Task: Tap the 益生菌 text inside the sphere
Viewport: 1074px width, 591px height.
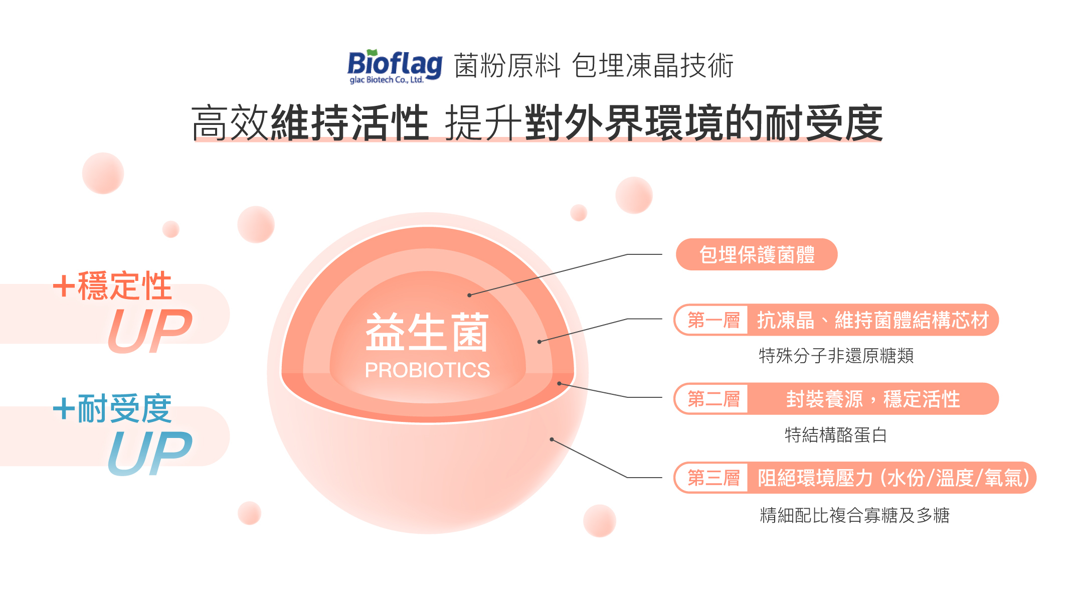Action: click(427, 332)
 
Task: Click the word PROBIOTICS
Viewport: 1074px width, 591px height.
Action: click(427, 370)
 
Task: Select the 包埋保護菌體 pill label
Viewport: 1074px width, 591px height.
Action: click(757, 254)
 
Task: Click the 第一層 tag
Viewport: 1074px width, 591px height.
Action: click(713, 320)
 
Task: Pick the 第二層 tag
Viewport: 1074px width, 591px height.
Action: click(713, 399)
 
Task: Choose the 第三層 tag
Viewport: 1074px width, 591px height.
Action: click(713, 478)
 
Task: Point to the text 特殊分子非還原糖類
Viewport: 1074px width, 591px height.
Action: click(836, 356)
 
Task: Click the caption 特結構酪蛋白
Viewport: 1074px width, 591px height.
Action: click(836, 434)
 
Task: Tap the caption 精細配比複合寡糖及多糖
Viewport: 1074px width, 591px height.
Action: click(854, 515)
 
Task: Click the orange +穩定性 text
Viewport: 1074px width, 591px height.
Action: click(112, 285)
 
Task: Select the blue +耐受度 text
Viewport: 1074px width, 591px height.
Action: click(112, 408)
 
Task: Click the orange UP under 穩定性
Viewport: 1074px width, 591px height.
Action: click(150, 331)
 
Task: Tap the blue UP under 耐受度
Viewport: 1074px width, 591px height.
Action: click(150, 453)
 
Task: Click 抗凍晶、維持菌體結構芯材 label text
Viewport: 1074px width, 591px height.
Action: click(873, 320)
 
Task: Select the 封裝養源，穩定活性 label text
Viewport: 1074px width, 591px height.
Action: click(873, 399)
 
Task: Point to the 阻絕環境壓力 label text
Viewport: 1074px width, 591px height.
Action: click(815, 478)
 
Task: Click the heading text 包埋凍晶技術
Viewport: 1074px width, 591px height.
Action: click(653, 66)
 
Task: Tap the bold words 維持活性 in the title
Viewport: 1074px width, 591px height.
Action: click(350, 123)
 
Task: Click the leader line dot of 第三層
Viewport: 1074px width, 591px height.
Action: click(552, 439)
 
